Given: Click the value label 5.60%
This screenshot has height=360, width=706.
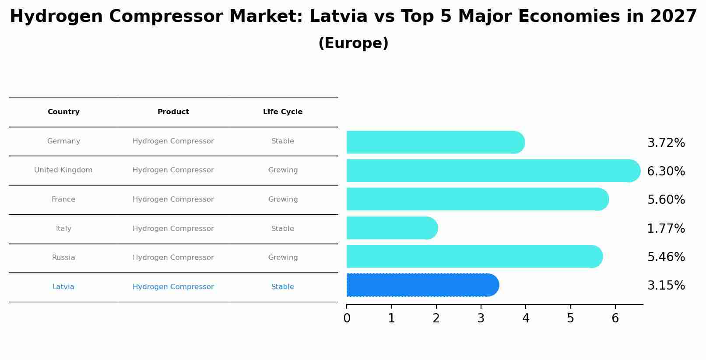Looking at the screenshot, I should tap(666, 200).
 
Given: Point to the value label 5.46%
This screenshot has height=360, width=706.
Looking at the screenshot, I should tap(666, 257).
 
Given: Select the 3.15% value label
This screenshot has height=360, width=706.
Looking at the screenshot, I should tap(666, 286).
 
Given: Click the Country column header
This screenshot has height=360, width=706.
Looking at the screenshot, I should tap(63, 112).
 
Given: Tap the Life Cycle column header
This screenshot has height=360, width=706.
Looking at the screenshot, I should tap(283, 112).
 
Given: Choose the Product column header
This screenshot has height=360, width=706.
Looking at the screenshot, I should tap(173, 112).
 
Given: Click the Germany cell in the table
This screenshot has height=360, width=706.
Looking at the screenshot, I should tap(63, 141).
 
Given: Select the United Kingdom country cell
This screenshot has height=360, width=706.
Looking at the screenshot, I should tap(63, 170).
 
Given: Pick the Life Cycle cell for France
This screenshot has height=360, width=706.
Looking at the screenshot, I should tap(283, 199).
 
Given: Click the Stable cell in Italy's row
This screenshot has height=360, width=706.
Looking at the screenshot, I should tap(283, 229).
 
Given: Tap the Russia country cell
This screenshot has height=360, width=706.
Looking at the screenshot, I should tap(63, 258).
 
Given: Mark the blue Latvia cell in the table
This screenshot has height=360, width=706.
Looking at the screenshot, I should tap(63, 287).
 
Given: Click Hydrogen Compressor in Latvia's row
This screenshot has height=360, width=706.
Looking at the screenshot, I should tap(173, 287).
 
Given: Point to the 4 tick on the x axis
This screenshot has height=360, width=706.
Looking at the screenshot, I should tap(526, 318).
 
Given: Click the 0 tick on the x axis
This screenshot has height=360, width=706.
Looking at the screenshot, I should tap(347, 318).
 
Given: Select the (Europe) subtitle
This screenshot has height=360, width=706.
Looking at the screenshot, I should tap(353, 43).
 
